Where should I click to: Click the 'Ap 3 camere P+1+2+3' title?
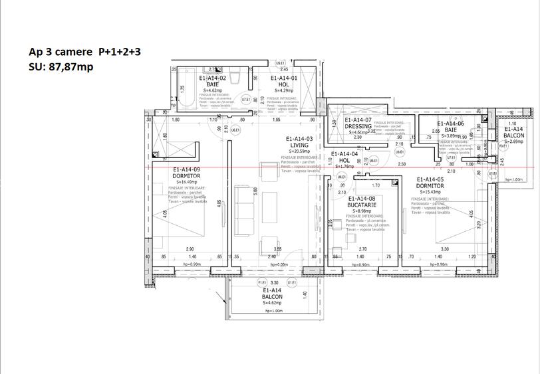[85, 51]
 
